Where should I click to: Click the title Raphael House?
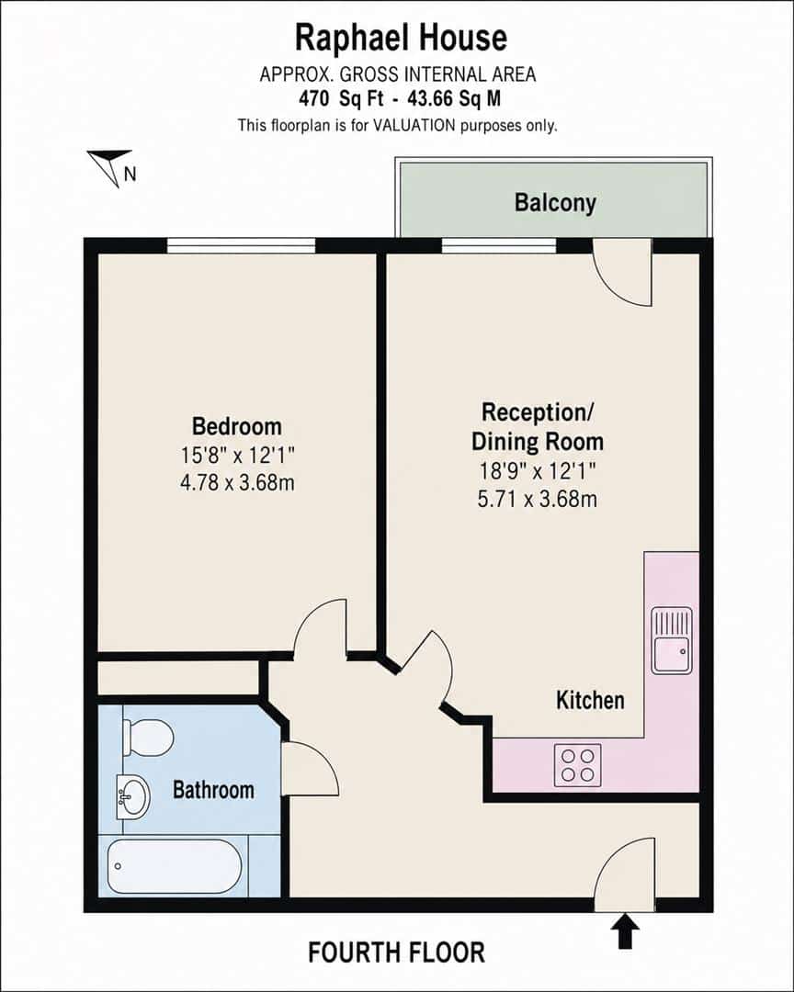401,38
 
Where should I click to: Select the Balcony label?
555,203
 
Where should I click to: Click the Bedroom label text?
237,426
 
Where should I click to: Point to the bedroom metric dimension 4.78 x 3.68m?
237,483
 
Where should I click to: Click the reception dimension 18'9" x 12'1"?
538,471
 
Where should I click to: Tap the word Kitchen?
590,700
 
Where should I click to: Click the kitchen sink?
673,641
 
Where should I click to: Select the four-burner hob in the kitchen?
577,765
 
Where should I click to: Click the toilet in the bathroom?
148,737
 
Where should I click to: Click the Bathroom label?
213,790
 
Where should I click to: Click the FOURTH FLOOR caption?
396,953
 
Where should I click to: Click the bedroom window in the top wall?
242,245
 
